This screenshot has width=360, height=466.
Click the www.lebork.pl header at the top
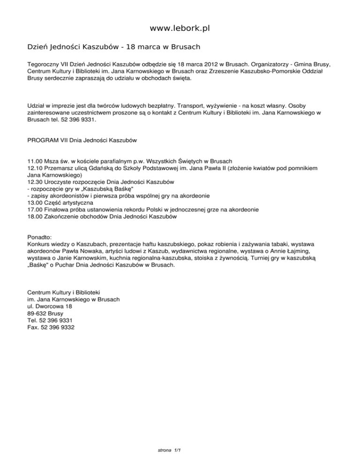(180, 29)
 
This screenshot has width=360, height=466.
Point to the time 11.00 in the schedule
(36, 161)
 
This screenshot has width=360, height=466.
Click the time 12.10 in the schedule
(36, 168)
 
